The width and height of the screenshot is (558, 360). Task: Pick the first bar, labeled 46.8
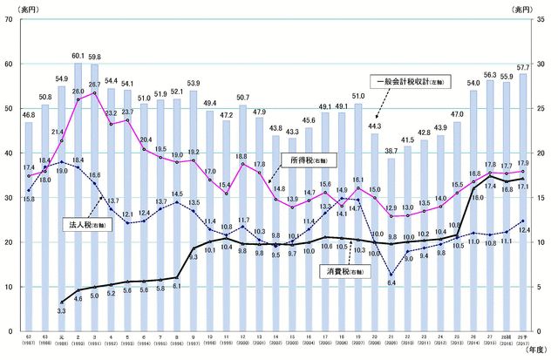29,227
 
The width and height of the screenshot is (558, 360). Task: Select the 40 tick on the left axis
8,153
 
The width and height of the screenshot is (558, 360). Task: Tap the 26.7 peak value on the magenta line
94,85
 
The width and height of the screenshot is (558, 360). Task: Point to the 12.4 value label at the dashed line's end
523,230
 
